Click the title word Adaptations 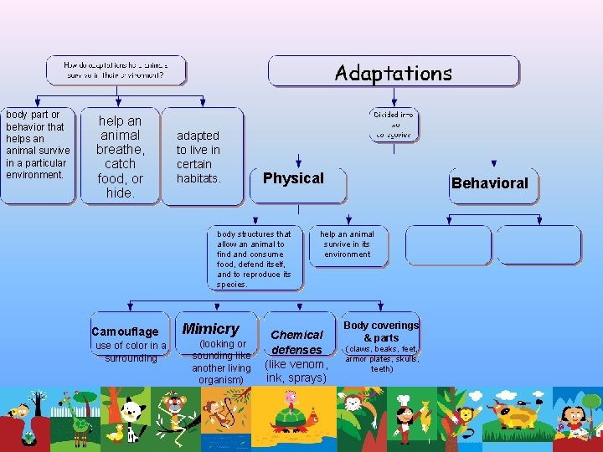(393, 73)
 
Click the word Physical (293, 178)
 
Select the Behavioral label (489, 183)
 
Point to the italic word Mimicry (211, 329)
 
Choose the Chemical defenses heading (296, 342)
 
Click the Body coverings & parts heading (381, 331)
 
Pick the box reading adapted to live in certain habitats (198, 157)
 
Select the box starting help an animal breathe (120, 157)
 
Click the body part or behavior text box (37, 145)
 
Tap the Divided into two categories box (393, 123)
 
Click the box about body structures (255, 259)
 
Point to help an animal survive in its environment (348, 244)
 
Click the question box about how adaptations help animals (116, 70)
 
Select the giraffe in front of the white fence (81, 419)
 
